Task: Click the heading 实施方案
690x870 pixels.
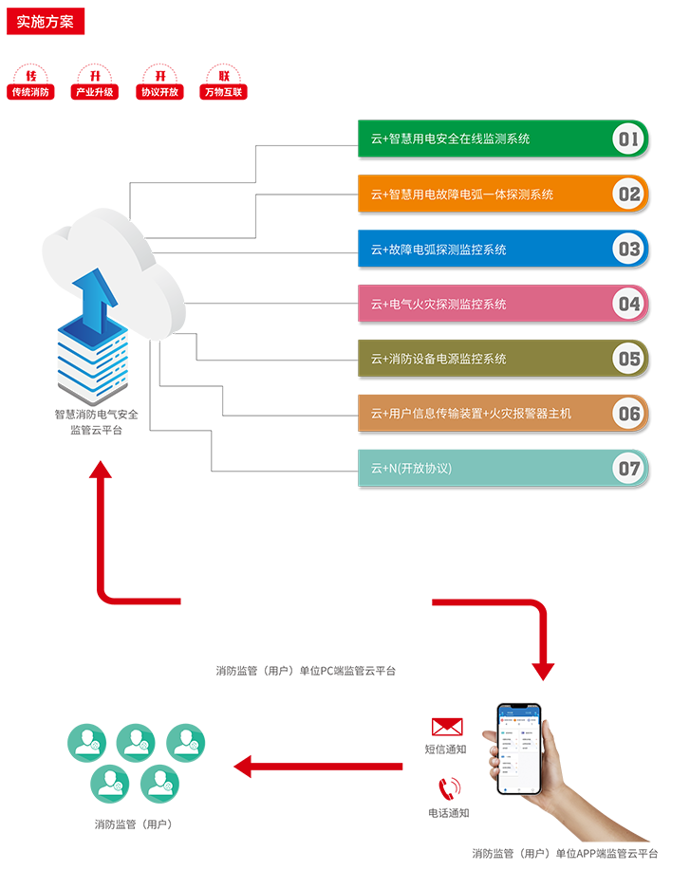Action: (45, 22)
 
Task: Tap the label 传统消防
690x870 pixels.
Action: (30, 92)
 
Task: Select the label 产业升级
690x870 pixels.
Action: (95, 92)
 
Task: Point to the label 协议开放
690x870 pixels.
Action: (159, 92)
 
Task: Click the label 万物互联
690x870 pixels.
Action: (224, 92)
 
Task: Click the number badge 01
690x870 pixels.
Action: (628, 140)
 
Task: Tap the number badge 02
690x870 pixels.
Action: (628, 195)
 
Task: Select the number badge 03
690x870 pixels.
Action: (628, 250)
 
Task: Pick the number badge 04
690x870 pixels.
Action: (628, 305)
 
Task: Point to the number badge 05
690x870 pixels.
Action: (628, 360)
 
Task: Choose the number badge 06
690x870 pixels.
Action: (628, 414)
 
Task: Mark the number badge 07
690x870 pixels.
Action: (628, 469)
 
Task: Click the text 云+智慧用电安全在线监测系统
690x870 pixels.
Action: (450, 139)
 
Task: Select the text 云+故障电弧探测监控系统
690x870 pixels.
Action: (438, 250)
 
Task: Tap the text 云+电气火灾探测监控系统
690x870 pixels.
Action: (438, 305)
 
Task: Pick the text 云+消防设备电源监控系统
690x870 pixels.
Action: (438, 360)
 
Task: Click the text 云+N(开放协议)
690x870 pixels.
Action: (411, 469)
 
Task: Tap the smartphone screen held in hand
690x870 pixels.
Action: (519, 749)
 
